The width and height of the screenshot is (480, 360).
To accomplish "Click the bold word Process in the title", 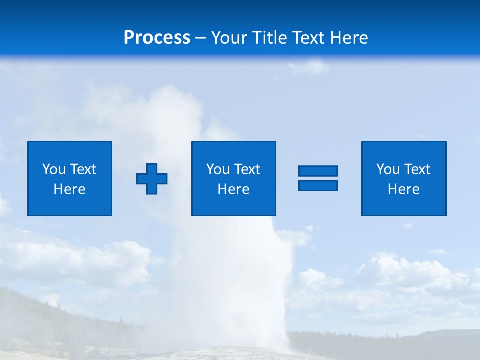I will coord(157,38).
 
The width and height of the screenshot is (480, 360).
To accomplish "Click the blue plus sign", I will coord(152,179).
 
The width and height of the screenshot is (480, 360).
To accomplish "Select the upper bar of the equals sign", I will coord(318,171).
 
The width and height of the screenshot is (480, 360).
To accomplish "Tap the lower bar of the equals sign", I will coord(318,185).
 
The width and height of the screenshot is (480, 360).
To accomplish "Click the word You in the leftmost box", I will coord(54,169).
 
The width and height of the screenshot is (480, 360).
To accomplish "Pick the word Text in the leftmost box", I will coord(82,169).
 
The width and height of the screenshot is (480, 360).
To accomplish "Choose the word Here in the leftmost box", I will coord(69,189).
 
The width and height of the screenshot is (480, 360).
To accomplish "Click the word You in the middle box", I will coord(218,169).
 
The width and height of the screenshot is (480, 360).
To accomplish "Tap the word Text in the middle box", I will coord(246,169).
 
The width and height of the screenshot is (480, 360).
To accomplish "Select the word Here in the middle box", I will coord(233,189).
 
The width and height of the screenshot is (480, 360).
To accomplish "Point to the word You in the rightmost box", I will coord(388,169).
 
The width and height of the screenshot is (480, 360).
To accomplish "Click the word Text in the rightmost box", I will coord(416,169).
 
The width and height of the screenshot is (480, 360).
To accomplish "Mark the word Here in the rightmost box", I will coord(403,189).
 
